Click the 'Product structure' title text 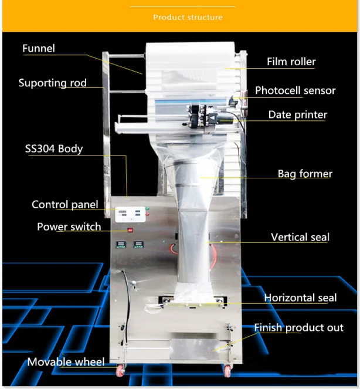tap(188, 17)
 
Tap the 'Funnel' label tap(39, 48)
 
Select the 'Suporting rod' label tap(52, 83)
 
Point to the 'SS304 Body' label tap(53, 148)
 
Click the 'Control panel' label tap(65, 205)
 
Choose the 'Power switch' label tap(69, 226)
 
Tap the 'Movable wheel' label tap(66, 362)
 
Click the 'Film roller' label tap(291, 62)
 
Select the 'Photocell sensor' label tap(295, 90)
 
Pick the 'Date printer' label tap(297, 114)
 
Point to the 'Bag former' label tap(304, 174)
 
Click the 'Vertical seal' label tap(300, 237)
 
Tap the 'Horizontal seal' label tap(300, 298)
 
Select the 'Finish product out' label tap(298, 327)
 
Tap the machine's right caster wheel tap(226, 370)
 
